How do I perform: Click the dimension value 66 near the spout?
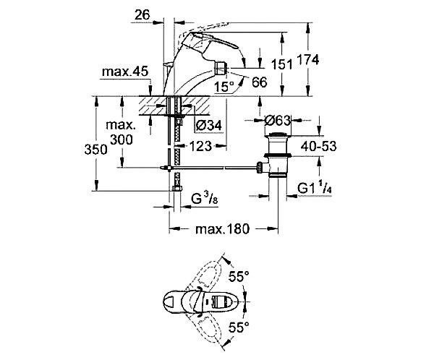pos(259,82)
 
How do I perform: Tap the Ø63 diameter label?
pos(277,121)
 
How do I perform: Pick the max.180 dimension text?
pos(223,230)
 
